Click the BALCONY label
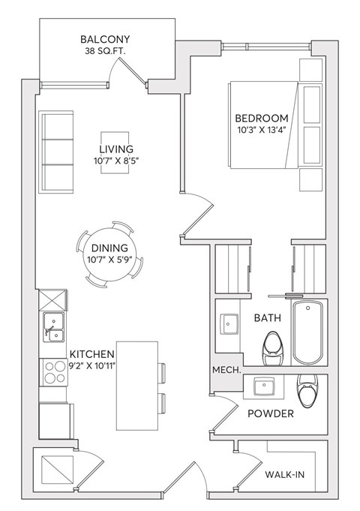pos(105,40)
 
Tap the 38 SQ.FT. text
pos(105,53)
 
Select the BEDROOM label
pos(261,119)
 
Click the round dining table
pos(109,254)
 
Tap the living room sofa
pos(55,152)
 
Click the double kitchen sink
pos(53,325)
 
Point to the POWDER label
pos(271,413)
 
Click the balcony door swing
pos(124,71)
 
